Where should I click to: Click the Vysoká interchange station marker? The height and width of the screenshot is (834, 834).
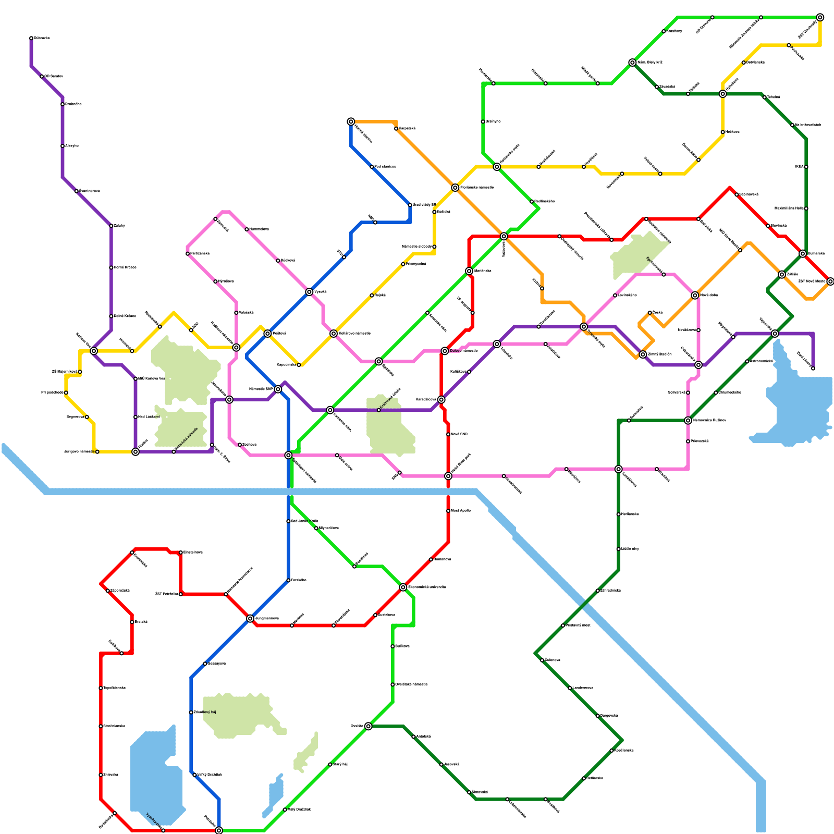(x=309, y=292)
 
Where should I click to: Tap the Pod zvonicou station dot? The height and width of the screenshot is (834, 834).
(x=372, y=167)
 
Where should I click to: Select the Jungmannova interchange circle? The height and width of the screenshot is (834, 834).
(x=250, y=618)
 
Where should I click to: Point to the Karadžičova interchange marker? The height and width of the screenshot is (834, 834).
(x=441, y=400)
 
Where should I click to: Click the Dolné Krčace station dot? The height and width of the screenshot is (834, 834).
(x=111, y=316)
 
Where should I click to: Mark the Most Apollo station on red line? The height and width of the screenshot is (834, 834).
(x=448, y=511)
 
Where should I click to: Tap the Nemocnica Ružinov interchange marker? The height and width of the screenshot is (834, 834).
(x=688, y=421)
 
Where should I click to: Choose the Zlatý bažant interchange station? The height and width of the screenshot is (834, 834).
(x=643, y=354)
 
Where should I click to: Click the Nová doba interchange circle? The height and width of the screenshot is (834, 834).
(x=695, y=296)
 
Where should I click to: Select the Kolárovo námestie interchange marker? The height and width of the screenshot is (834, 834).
(x=334, y=334)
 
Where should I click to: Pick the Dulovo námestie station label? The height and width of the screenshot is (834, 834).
(x=463, y=351)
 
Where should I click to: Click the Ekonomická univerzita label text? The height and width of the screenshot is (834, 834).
(x=426, y=587)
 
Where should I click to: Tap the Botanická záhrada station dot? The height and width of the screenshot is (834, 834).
(x=174, y=451)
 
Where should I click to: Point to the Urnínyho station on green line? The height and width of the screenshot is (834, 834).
(x=483, y=121)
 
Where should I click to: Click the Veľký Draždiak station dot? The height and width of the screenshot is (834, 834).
(x=194, y=775)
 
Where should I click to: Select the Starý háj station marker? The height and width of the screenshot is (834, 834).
(x=330, y=765)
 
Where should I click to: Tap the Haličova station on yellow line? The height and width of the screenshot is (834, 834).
(x=722, y=132)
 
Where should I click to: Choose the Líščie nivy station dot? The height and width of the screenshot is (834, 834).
(x=618, y=549)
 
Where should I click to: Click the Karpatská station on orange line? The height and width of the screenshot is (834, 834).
(x=396, y=129)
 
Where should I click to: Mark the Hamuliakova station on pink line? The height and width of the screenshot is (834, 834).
(x=247, y=229)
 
